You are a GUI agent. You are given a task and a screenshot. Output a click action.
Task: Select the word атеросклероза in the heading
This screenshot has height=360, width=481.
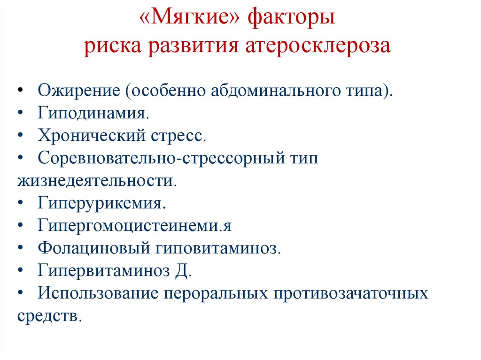pyautogui.click(x=318, y=47)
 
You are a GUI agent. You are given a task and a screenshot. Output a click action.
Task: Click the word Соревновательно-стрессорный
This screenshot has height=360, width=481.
pyautogui.click(x=159, y=158)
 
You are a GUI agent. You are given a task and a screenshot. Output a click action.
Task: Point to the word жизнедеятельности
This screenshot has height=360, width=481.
pyautogui.click(x=96, y=181)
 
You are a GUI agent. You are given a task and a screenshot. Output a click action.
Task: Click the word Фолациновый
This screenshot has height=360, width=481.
pyautogui.click(x=94, y=248)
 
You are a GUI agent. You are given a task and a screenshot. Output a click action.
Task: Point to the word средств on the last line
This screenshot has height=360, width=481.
pyautogui.click(x=49, y=316)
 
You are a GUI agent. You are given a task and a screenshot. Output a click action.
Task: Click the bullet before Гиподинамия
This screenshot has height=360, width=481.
pyautogui.click(x=22, y=114)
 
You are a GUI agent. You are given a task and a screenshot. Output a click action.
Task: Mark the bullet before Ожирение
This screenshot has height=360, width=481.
pyautogui.click(x=22, y=91)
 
